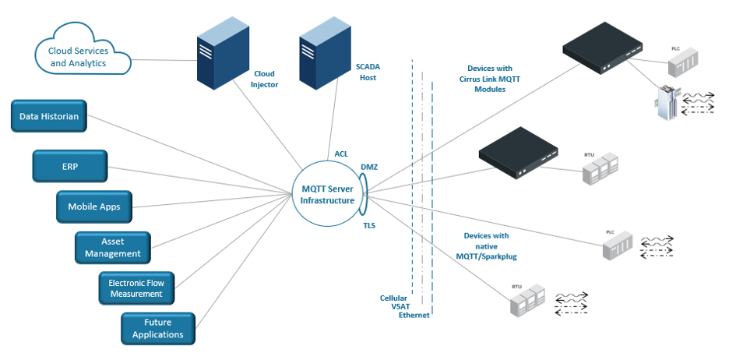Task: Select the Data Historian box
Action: [49, 117]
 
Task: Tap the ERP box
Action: [70, 165]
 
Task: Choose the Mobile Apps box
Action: [93, 207]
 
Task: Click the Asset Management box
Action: [113, 248]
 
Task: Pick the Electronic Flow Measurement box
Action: [136, 288]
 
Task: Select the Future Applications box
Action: [158, 328]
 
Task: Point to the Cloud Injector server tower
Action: [220, 55]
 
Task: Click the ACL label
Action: [341, 154]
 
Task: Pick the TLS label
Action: [369, 225]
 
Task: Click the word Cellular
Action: [394, 298]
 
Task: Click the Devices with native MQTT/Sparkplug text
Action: [486, 245]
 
